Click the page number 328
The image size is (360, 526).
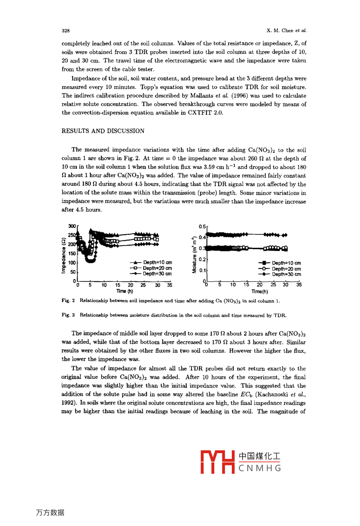point(66,31)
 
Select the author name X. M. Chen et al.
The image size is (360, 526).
point(286,31)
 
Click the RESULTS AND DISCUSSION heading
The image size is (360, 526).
point(103,131)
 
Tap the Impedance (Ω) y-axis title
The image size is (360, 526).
point(63,255)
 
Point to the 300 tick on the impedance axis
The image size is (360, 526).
point(72,226)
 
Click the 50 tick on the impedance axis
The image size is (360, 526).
point(73,272)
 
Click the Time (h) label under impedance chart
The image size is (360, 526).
point(125,291)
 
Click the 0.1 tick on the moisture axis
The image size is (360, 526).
point(202,271)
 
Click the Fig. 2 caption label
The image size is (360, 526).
point(68,301)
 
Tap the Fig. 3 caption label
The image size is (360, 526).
point(68,315)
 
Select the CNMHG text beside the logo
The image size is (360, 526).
point(260,468)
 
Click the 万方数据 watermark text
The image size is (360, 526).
point(50,512)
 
